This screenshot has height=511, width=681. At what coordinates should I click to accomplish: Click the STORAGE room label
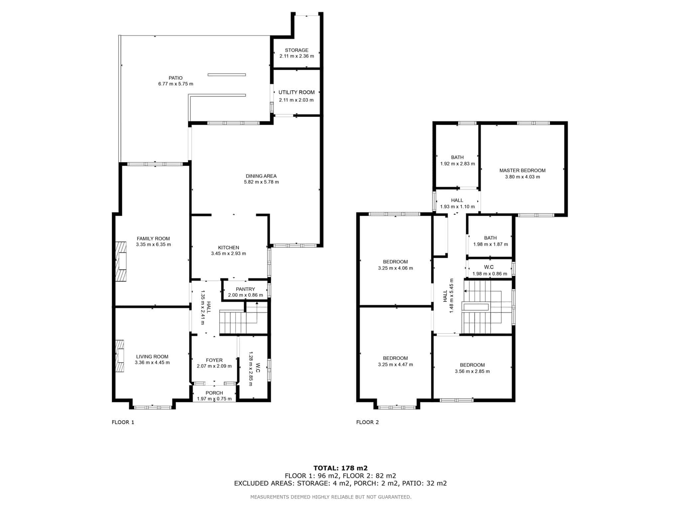[x=297, y=50]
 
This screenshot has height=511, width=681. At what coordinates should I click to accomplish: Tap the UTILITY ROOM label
[x=297, y=92]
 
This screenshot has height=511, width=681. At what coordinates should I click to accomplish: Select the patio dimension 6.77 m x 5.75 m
[x=176, y=84]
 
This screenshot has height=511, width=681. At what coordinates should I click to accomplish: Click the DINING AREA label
[x=261, y=176]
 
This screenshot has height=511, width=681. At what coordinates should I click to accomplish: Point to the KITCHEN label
[x=228, y=248]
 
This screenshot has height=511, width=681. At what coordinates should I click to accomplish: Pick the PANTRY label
[x=245, y=289]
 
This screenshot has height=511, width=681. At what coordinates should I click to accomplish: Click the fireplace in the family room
[x=121, y=261]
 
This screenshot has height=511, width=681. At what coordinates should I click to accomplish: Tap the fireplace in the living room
[x=120, y=356]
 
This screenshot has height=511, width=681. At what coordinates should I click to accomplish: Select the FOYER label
[x=214, y=360]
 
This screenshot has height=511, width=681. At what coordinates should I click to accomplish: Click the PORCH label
[x=214, y=393]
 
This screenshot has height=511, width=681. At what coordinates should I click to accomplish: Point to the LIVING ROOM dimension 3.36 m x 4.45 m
[x=152, y=363]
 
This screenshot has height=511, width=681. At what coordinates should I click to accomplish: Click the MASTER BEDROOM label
[x=522, y=170]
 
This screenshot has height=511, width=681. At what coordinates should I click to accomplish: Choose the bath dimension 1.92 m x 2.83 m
[x=458, y=164]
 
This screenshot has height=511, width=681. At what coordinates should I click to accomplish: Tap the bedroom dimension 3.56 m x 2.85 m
[x=472, y=371]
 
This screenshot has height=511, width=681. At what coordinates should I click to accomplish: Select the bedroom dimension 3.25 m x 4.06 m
[x=395, y=268]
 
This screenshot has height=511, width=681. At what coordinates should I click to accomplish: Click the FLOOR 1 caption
[x=123, y=422]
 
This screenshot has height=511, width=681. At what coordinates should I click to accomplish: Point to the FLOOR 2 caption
[x=367, y=422]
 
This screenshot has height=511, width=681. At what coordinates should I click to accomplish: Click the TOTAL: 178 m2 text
[x=340, y=468]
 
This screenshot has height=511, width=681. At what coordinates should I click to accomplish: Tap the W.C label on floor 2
[x=489, y=267]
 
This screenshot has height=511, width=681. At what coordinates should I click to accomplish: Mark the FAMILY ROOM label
[x=153, y=239]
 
